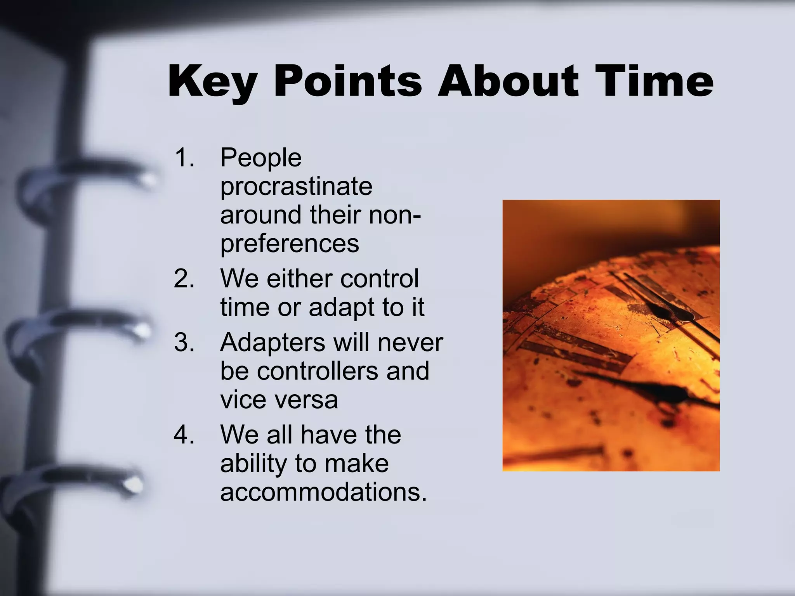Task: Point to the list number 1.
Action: (184, 158)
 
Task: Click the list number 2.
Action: (184, 279)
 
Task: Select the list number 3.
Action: (184, 343)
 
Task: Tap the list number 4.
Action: (184, 435)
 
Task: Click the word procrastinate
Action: (296, 187)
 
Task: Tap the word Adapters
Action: (273, 343)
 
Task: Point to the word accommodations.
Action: (323, 492)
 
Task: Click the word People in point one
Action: (261, 158)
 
